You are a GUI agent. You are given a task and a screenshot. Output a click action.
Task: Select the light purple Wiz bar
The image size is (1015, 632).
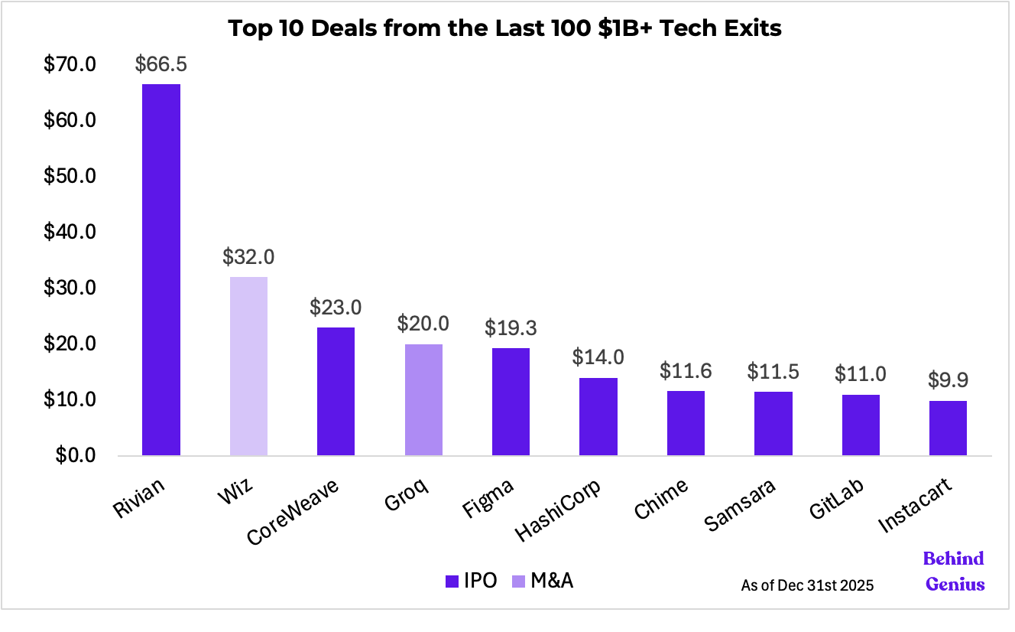248,366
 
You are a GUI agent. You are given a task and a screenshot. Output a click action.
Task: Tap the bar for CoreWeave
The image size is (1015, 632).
336,391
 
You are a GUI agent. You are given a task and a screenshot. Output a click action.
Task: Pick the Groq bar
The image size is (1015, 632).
423,399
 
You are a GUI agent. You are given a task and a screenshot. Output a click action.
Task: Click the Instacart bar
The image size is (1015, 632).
948,428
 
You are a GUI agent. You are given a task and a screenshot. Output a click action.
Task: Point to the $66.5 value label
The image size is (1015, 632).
161,64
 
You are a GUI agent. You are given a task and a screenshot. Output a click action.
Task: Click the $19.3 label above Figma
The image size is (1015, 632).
511,328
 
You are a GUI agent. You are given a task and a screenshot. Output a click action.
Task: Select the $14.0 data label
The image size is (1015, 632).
598,358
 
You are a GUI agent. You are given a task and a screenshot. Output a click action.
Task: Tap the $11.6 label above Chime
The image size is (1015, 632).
686,372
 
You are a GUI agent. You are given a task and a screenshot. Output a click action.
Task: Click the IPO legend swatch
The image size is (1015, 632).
451,582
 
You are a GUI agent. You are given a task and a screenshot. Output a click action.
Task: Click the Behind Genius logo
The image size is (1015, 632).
954,571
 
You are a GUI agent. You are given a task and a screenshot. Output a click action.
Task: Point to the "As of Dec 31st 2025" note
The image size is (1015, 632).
807,585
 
